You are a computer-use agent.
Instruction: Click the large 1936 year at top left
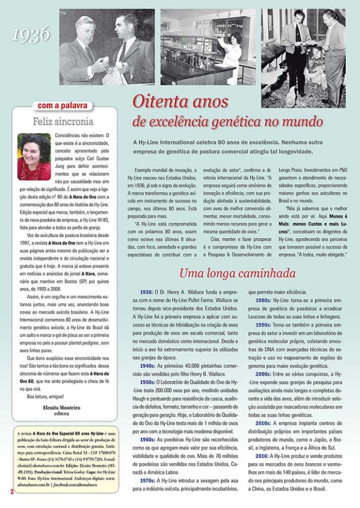pyautogui.click(x=31, y=35)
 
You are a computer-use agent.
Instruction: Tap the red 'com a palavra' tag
pyautogui.click(x=62, y=106)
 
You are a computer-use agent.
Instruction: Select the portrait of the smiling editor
pyautogui.click(x=34, y=157)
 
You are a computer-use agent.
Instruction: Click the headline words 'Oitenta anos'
pyautogui.click(x=180, y=101)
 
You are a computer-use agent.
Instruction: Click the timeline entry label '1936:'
pyautogui.click(x=147, y=293)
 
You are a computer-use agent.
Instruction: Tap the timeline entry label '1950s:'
pyautogui.click(x=148, y=382)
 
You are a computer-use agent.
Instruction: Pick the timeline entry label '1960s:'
pyautogui.click(x=148, y=440)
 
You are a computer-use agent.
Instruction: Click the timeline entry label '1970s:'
pyautogui.click(x=148, y=480)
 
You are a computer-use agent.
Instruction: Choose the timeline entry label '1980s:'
pyautogui.click(x=264, y=301)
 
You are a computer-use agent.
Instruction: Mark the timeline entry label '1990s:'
pyautogui.click(x=264, y=324)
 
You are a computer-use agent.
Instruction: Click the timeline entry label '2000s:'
pyautogui.click(x=264, y=374)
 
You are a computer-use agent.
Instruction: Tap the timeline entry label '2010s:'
pyautogui.click(x=264, y=423)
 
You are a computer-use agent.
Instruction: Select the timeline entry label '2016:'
pyautogui.click(x=262, y=456)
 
